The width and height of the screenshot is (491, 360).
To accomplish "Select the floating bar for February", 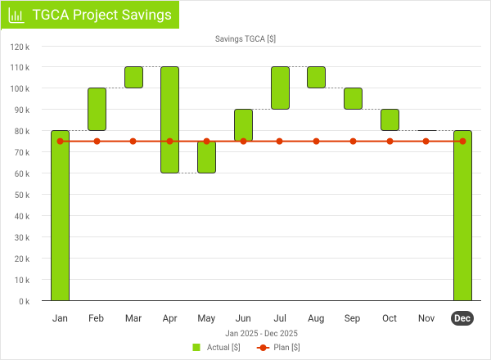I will [97, 109].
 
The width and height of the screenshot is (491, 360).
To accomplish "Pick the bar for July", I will [280, 88].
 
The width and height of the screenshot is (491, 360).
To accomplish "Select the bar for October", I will [390, 119].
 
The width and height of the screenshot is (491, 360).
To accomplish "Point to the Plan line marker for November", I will [426, 142].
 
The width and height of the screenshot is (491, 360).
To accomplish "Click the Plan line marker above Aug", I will [316, 142].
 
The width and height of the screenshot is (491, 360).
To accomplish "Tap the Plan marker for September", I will [353, 142].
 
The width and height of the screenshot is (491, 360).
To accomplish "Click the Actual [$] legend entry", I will [216, 347].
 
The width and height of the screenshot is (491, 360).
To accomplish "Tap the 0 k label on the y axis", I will [24, 301].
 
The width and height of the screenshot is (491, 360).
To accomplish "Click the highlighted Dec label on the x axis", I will [462, 318].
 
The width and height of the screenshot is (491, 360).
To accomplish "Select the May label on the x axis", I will [206, 318].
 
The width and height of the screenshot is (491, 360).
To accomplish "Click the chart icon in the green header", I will [16, 16].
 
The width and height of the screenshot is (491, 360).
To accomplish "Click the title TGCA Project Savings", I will [101, 16].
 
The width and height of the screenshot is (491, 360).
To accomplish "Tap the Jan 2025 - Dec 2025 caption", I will [261, 333].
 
